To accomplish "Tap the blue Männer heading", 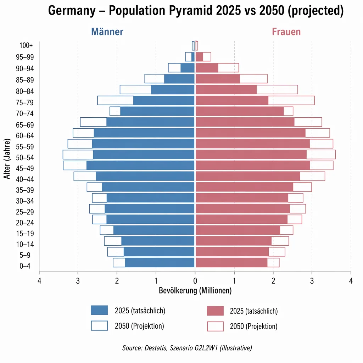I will pyautogui.click(x=107, y=32).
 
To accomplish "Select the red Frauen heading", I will pyautogui.click(x=286, y=32).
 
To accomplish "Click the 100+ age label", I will pyautogui.click(x=26, y=45).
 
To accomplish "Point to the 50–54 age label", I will pyautogui.click(x=23, y=157).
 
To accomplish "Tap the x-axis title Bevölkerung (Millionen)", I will pyautogui.click(x=195, y=291).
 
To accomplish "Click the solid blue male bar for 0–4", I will pyautogui.click(x=160, y=263).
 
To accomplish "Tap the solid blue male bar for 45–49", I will pyautogui.click(x=140, y=166).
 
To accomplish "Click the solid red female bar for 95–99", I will pyautogui.click(x=199, y=57).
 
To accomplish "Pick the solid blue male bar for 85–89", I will pyautogui.click(x=179, y=79).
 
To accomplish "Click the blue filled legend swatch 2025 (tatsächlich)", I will pyautogui.click(x=99, y=310).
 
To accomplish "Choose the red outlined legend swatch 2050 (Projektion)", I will pyautogui.click(x=215, y=326).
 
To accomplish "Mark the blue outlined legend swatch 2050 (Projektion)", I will pyautogui.click(x=99, y=325).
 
